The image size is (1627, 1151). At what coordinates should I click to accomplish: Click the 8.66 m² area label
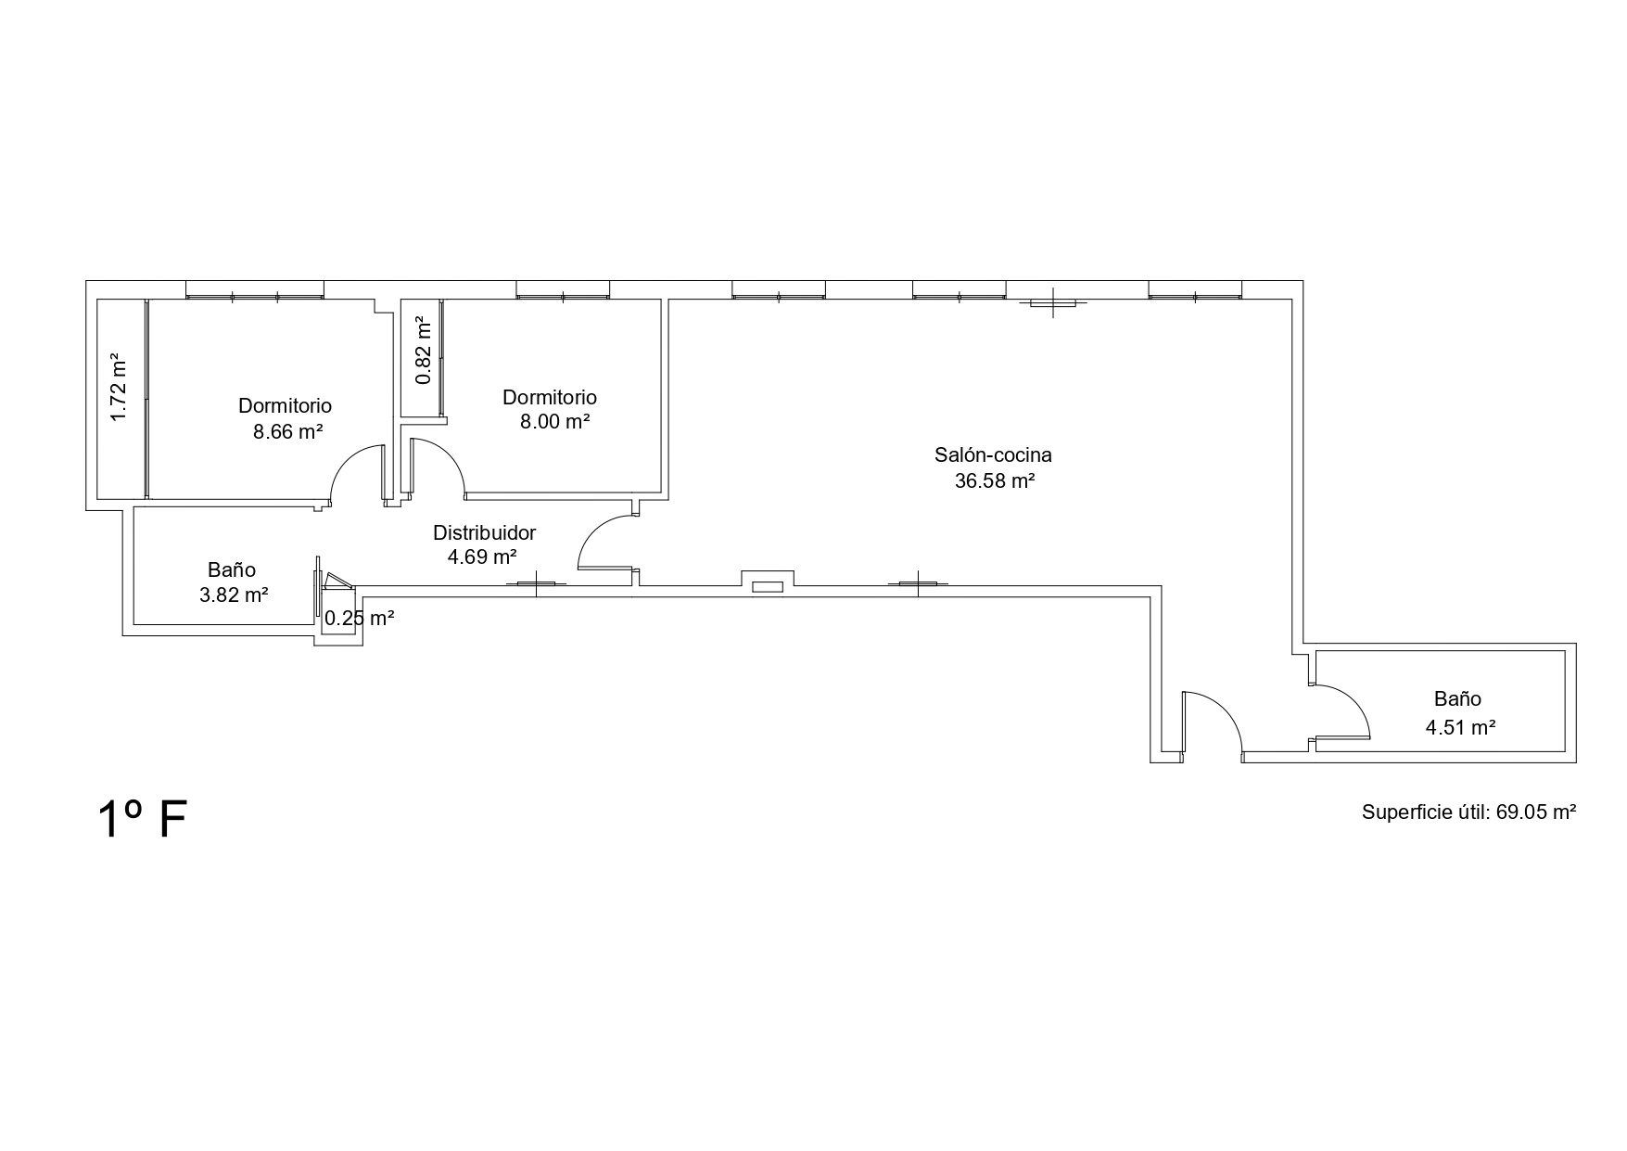pos(287,431)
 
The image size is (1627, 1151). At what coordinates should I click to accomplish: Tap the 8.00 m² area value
pos(555,422)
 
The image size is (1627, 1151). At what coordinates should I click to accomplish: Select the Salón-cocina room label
pos(993,455)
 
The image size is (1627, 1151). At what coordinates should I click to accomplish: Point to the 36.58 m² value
pos(995,480)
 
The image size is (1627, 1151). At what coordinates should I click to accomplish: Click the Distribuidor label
pos(485,533)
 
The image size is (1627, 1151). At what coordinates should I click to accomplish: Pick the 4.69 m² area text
pos(482,557)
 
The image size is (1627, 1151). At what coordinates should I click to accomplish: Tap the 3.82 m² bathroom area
pos(235,595)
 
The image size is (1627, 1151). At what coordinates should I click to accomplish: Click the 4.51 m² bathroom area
pos(1461,727)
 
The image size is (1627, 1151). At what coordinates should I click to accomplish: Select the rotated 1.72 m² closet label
pos(118,387)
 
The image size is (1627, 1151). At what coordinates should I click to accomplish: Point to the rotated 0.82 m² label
pos(424,351)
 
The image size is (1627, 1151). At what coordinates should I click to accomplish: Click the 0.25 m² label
pos(360,618)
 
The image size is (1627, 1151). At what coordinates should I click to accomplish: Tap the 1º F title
pos(143,819)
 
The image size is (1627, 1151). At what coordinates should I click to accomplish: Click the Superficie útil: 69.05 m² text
pos(1469,812)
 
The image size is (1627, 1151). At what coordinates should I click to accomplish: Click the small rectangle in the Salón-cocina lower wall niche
pos(767,587)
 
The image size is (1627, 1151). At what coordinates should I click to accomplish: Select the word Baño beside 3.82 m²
pos(232,570)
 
